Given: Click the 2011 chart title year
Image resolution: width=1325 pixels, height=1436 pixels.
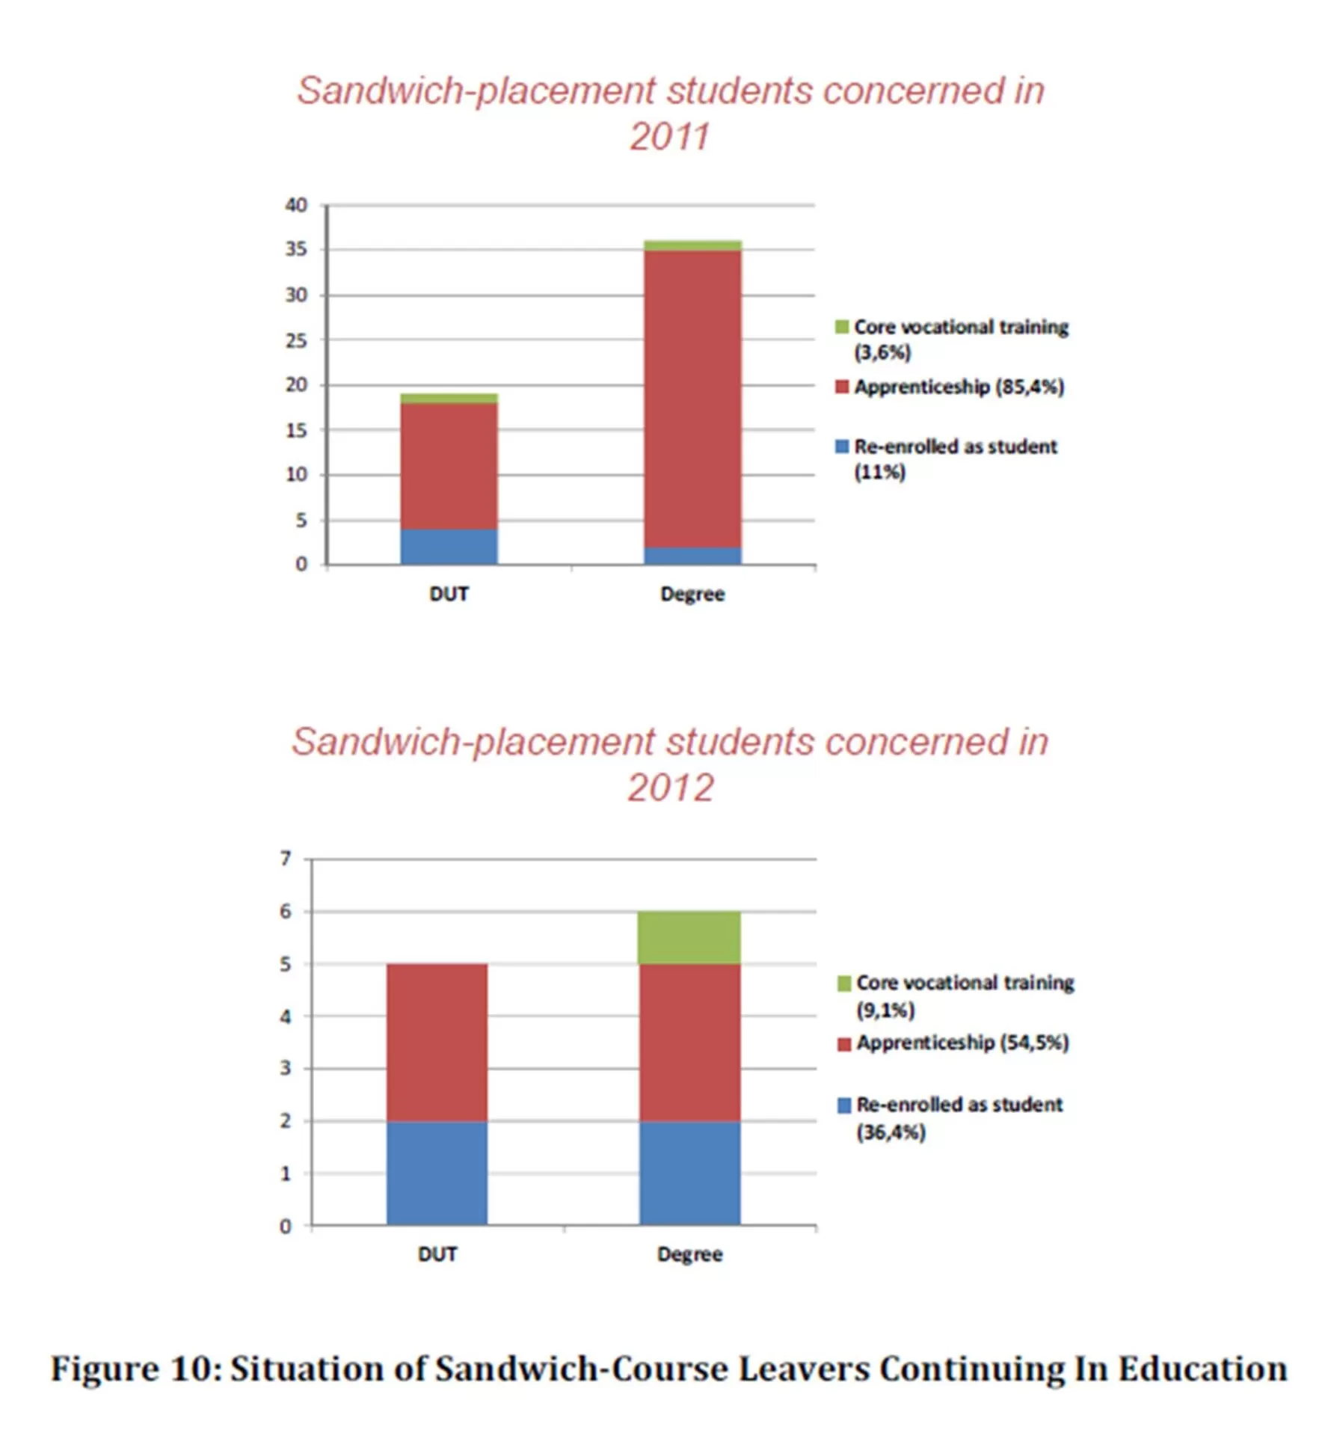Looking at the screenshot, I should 669,137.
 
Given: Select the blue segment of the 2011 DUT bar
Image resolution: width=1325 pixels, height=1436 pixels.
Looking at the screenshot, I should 449,546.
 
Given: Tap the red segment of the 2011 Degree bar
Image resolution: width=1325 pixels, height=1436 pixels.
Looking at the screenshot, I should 692,399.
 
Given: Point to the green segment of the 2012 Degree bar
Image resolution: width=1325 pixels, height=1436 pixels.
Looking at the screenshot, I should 689,937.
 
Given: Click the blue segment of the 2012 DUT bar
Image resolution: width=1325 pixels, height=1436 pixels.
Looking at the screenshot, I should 437,1172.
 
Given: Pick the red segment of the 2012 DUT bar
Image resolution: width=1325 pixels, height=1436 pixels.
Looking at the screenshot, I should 437,1042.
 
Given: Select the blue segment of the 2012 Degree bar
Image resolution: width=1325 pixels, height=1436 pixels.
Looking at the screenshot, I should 689,1172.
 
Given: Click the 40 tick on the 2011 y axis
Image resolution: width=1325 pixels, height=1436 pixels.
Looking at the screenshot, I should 296,205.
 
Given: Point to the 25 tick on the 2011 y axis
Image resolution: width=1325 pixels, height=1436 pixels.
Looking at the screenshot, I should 296,340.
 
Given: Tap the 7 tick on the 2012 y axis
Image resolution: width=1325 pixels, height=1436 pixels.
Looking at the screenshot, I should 286,858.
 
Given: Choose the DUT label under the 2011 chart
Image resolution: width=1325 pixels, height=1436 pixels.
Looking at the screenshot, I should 449,594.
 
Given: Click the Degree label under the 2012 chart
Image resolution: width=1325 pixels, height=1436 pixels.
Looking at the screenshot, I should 689,1254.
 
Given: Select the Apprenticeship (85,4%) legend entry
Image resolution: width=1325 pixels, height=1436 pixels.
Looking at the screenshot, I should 959,387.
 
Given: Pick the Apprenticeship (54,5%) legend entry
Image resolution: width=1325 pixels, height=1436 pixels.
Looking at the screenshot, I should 962,1043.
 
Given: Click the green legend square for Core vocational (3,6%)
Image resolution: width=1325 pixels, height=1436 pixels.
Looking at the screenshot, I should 842,327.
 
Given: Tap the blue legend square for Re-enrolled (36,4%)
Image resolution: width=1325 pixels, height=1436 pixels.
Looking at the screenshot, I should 844,1105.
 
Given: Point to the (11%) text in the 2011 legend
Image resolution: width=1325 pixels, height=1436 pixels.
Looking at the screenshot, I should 879,472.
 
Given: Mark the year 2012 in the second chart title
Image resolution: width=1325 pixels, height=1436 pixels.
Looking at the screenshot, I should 671,788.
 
